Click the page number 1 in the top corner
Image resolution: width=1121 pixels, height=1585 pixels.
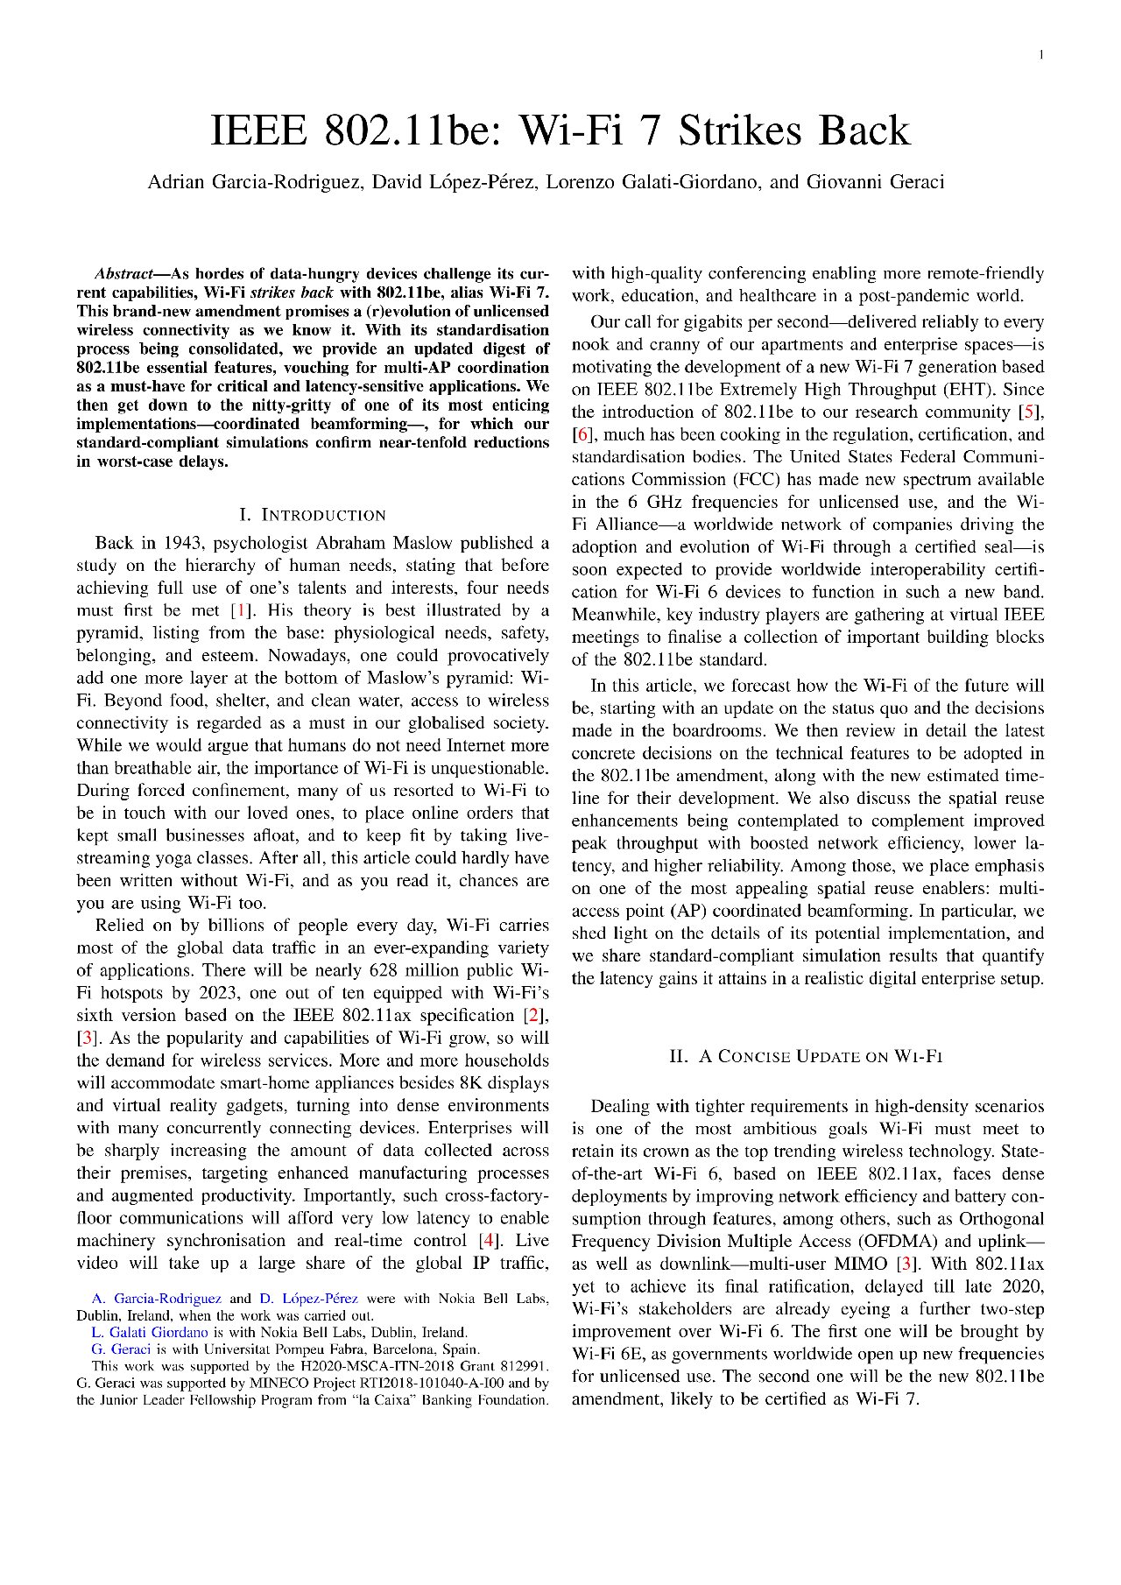pyautogui.click(x=1040, y=55)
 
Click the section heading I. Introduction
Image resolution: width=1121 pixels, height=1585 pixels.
pyautogui.click(x=313, y=515)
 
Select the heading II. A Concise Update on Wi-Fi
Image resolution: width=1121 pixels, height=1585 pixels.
pyautogui.click(x=805, y=1056)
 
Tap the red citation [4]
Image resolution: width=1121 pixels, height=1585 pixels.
pyautogui.click(x=488, y=1241)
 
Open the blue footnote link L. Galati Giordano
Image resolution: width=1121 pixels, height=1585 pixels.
pyautogui.click(x=150, y=1333)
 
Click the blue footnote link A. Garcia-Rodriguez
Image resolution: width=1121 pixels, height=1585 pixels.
pyautogui.click(x=157, y=1299)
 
